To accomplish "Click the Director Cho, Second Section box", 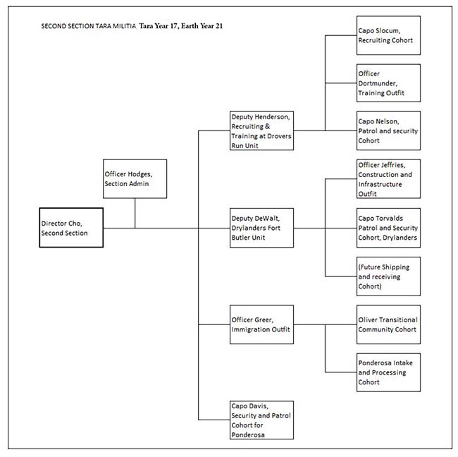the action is [71, 228].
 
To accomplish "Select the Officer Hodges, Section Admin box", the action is [135, 179].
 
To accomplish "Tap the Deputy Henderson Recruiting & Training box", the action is [261, 130].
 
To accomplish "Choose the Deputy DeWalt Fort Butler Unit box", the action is [261, 228].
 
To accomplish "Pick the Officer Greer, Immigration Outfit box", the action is [261, 324].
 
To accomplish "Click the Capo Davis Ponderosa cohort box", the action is [261, 420].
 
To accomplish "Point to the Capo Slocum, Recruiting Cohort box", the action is [388, 35].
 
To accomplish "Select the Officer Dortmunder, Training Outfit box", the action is [388, 83].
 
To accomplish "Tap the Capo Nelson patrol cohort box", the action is [388, 130].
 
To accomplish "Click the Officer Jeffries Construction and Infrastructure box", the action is [388, 179].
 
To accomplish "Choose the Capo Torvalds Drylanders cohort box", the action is [388, 228].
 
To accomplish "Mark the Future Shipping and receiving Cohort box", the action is [388, 276].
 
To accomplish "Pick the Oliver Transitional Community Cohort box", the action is [388, 324].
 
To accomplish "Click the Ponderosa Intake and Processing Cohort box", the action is [388, 372].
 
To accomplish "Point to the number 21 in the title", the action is [219, 26].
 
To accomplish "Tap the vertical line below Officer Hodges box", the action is [135, 213].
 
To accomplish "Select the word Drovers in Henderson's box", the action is [282, 136].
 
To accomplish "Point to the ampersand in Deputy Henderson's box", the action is [267, 127].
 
